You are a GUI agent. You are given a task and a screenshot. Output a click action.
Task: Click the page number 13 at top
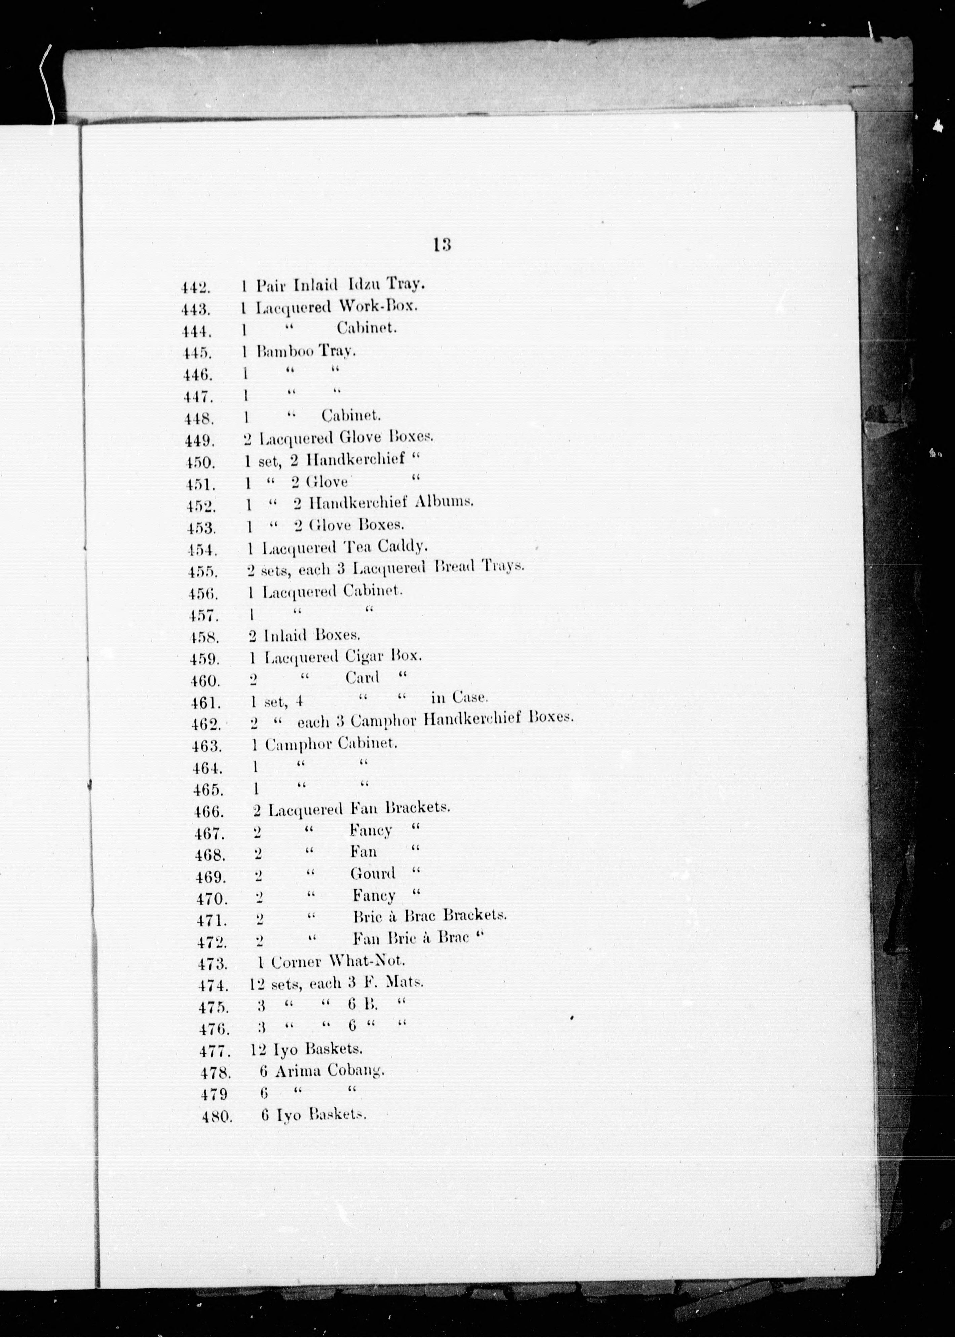[x=442, y=244]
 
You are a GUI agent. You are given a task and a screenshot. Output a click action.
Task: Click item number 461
[x=205, y=703]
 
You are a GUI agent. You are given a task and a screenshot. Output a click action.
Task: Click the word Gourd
[x=373, y=873]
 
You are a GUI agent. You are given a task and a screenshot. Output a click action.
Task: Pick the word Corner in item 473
[x=296, y=962]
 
